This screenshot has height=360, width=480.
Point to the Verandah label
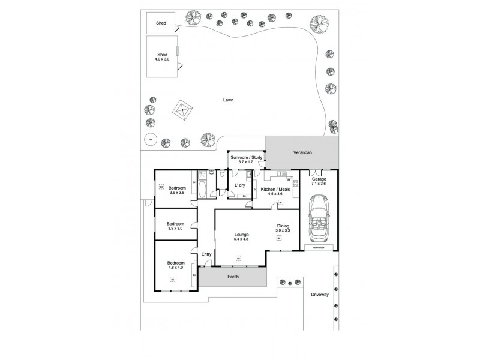(301, 152)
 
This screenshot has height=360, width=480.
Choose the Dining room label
(283, 226)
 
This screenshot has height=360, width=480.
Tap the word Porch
(233, 277)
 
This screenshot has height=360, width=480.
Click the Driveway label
(320, 294)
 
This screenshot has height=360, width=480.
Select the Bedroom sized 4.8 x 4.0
(176, 263)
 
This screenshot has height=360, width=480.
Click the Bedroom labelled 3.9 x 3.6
(176, 188)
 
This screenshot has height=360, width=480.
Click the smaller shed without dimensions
(161, 23)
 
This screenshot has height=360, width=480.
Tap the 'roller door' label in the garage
(317, 247)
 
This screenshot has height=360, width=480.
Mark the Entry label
(206, 254)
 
